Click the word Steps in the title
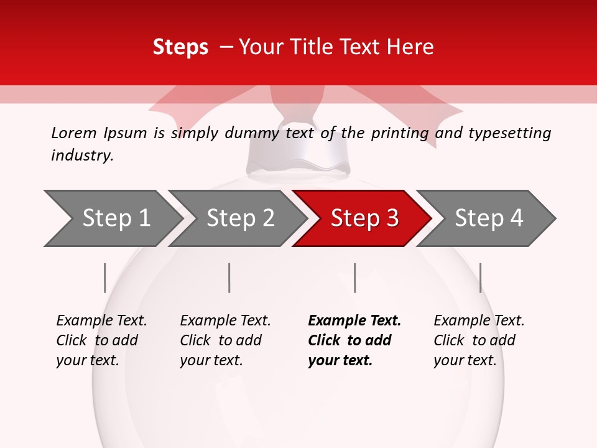pos(180,47)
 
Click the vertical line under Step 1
pos(104,278)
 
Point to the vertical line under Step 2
pos(229,278)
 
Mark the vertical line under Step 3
pos(354,278)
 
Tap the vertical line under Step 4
pos(480,278)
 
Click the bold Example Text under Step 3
pos(354,321)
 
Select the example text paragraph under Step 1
pos(101,340)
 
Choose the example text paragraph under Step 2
pos(225,340)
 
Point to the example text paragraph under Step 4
pos(479,340)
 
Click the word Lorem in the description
pos(73,133)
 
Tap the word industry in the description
pos(82,156)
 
